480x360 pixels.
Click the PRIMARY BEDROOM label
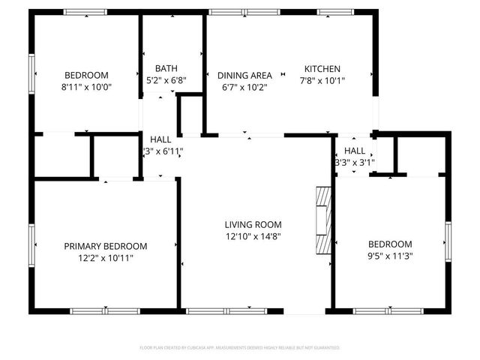tap(105, 246)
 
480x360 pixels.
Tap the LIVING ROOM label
tap(253, 224)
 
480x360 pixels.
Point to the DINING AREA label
tap(244, 75)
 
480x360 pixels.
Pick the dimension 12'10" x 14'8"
tap(253, 236)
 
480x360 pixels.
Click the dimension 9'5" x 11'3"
tap(389, 256)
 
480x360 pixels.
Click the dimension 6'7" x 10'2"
tap(244, 87)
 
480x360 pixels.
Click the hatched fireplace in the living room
tap(322, 222)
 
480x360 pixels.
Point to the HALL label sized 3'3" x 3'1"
tap(355, 151)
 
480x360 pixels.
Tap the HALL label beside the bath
tap(160, 139)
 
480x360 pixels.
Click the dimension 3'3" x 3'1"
tap(355, 161)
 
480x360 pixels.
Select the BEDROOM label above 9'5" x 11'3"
tap(389, 244)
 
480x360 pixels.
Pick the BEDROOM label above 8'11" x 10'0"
tap(86, 75)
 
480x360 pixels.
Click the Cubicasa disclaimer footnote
tap(240, 348)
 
